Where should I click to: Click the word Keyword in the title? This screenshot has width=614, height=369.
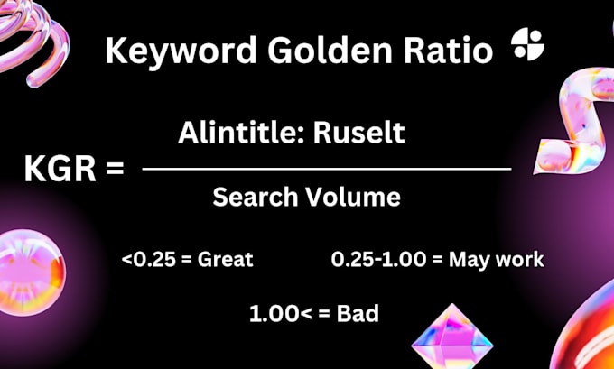click(181, 51)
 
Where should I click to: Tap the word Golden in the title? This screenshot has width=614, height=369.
click(330, 51)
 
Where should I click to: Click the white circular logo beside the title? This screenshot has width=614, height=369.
click(527, 45)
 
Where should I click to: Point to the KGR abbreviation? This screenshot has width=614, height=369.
click(60, 170)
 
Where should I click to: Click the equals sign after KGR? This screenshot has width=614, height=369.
click(116, 170)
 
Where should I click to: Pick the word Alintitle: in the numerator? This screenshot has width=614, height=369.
click(240, 134)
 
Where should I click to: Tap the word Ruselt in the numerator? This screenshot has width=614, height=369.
click(359, 134)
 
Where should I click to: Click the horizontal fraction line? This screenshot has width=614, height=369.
click(327, 169)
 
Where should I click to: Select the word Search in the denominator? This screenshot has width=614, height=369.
click(256, 197)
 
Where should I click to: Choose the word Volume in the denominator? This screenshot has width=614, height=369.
click(353, 197)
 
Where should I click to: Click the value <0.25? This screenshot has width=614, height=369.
click(148, 260)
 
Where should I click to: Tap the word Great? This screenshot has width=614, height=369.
click(225, 260)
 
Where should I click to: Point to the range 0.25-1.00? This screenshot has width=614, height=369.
click(378, 260)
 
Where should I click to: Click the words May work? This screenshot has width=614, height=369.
click(497, 260)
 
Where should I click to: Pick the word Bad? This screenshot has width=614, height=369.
click(358, 314)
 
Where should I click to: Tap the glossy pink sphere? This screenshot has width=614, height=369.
click(31, 272)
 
